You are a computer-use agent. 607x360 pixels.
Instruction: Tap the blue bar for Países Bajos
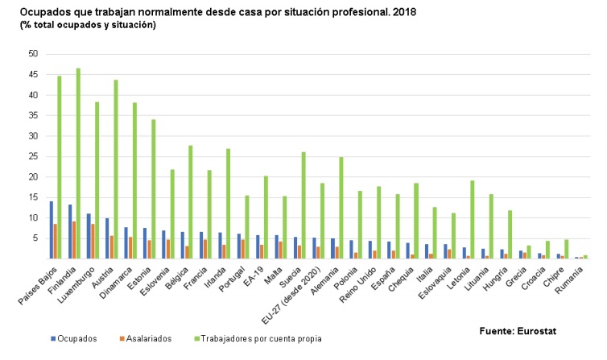51,230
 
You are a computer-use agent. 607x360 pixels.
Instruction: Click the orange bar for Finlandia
73,240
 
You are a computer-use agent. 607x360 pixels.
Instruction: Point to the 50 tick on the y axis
32,54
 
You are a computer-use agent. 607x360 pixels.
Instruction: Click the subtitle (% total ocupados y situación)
89,26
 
